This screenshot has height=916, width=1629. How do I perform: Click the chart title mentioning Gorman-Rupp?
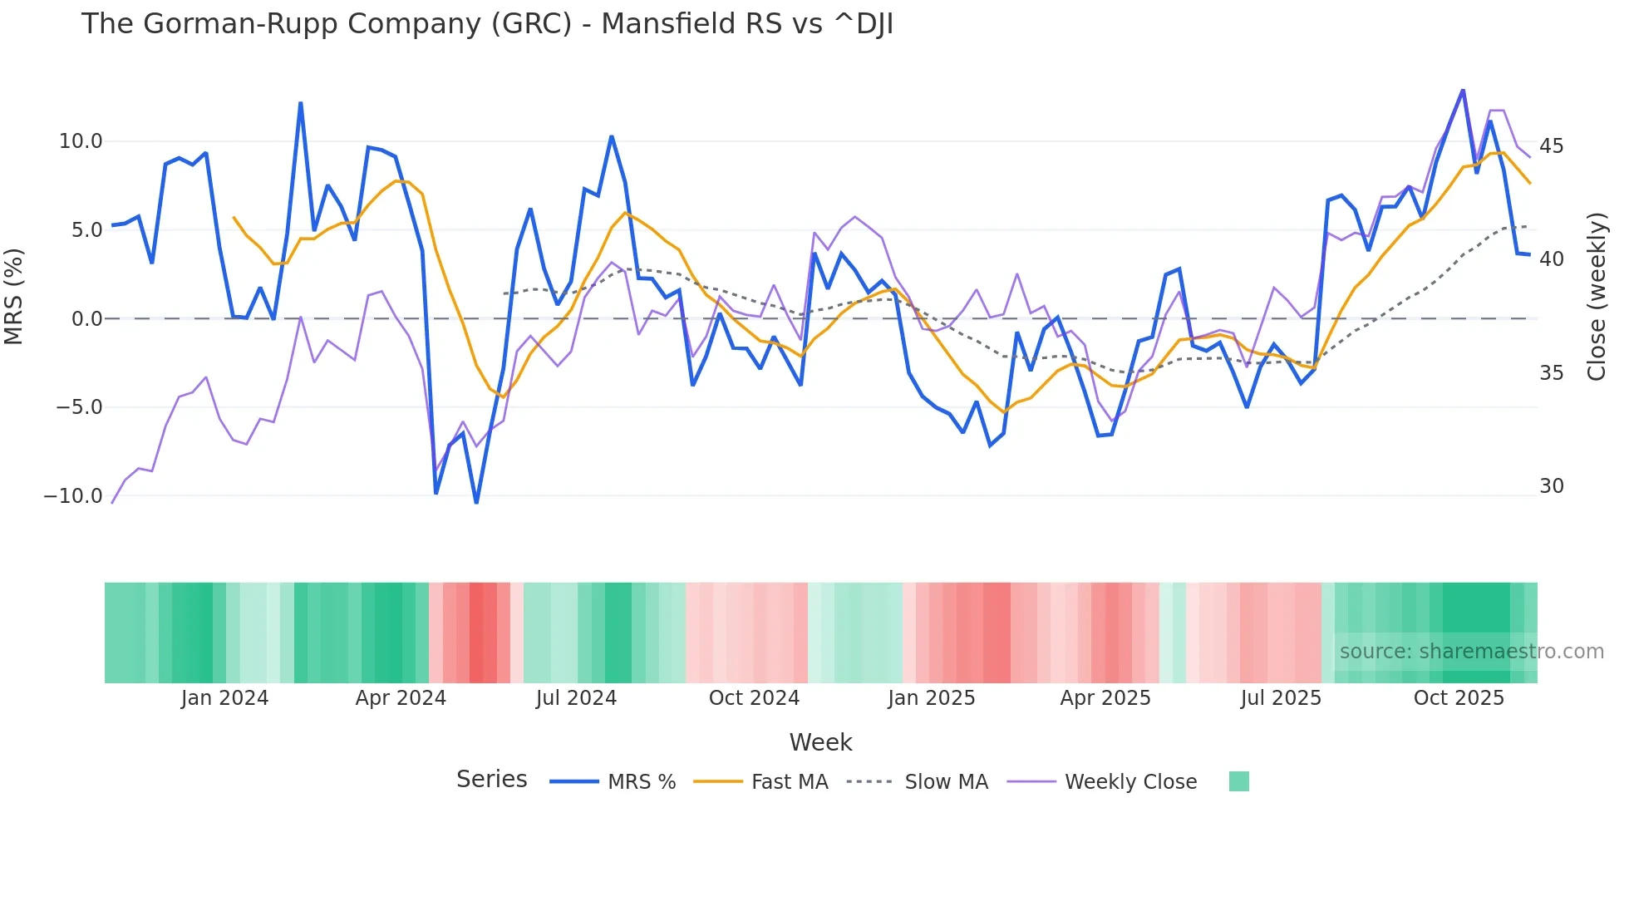487,24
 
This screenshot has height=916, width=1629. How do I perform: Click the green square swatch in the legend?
1238,781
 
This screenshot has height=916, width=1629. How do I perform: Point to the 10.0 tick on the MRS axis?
81,141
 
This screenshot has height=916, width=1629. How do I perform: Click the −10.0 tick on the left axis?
73,496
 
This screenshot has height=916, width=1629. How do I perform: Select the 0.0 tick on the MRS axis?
86,319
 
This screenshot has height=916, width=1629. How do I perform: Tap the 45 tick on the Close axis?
1551,146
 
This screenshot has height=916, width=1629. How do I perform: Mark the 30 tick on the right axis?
1551,486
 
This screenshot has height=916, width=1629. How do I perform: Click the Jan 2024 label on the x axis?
224,698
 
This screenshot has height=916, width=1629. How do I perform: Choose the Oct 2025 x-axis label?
1459,698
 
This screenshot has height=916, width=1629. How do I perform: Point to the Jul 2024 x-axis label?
576,698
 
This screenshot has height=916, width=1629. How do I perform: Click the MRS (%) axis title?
14,297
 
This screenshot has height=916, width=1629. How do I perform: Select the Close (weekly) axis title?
1597,297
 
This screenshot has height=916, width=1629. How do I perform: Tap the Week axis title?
820,742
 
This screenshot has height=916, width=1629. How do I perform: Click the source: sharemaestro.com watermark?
1471,652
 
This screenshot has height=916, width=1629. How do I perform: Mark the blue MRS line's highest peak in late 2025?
1463,91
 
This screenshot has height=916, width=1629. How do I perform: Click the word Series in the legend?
491,780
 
